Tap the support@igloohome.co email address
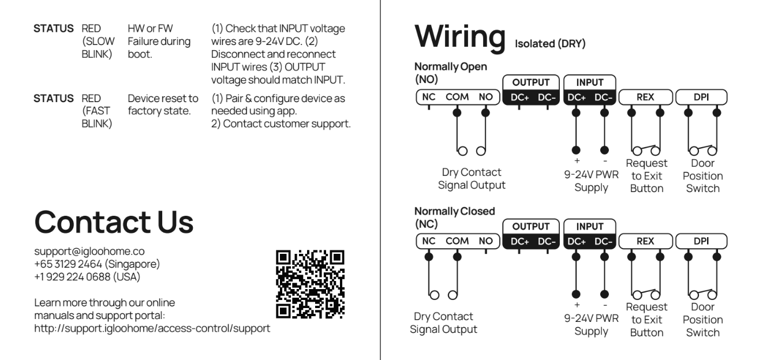(89, 252)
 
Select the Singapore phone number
(97, 264)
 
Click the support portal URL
(152, 328)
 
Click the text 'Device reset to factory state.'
(162, 104)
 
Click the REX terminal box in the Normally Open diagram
(644, 97)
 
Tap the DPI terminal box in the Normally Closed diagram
(701, 241)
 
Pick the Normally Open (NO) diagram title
(450, 73)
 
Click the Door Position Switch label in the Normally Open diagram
(702, 176)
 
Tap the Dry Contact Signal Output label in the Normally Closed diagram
(443, 323)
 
